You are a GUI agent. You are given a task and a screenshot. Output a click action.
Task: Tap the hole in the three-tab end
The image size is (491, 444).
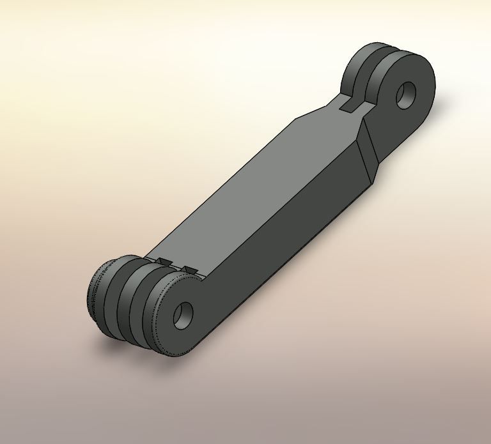(x=183, y=315)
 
